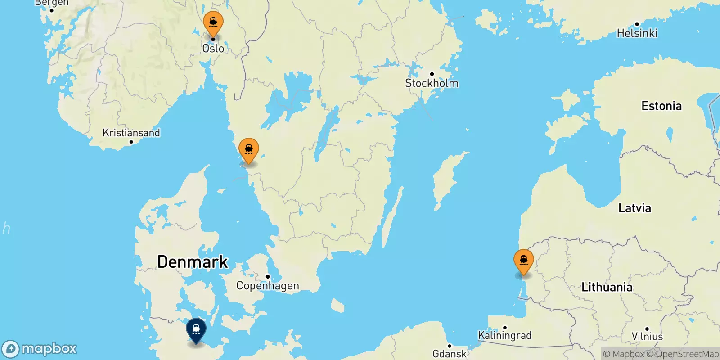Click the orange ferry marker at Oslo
click(x=213, y=22)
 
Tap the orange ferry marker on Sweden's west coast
click(x=249, y=149)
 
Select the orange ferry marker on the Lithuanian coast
click(x=524, y=261)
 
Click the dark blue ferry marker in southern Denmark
click(x=196, y=329)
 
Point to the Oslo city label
click(x=213, y=49)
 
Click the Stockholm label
click(x=432, y=83)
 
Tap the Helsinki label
click(x=637, y=33)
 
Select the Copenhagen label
click(x=267, y=286)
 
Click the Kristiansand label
click(x=131, y=133)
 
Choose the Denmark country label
click(x=193, y=262)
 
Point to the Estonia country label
click(x=661, y=106)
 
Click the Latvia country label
click(x=634, y=208)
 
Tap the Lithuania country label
click(x=607, y=287)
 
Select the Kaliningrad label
click(x=504, y=335)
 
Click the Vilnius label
click(x=647, y=337)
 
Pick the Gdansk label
click(x=449, y=354)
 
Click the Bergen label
click(x=51, y=3)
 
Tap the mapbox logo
click(x=40, y=349)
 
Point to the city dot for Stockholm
click(x=432, y=74)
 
